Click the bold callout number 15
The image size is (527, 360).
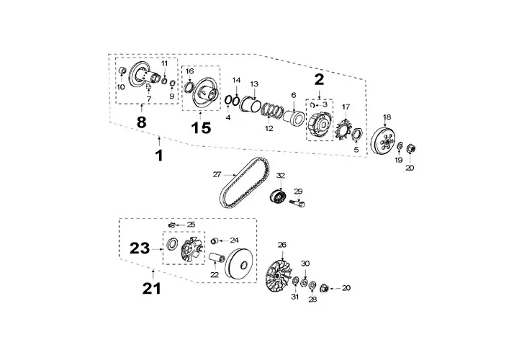[x=201, y=128]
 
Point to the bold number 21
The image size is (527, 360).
[x=152, y=289]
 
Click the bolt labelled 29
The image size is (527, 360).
[x=297, y=203]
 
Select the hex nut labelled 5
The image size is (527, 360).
[x=356, y=135]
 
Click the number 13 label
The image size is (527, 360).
[x=254, y=84]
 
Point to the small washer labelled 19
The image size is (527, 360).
[x=400, y=146]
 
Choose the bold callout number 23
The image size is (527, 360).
[x=140, y=248]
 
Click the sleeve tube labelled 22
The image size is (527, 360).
[x=217, y=258]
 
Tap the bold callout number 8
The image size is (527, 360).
[x=142, y=122]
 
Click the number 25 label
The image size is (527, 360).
[x=191, y=225]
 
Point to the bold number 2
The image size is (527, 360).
[x=319, y=79]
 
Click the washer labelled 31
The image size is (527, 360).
[x=296, y=281]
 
